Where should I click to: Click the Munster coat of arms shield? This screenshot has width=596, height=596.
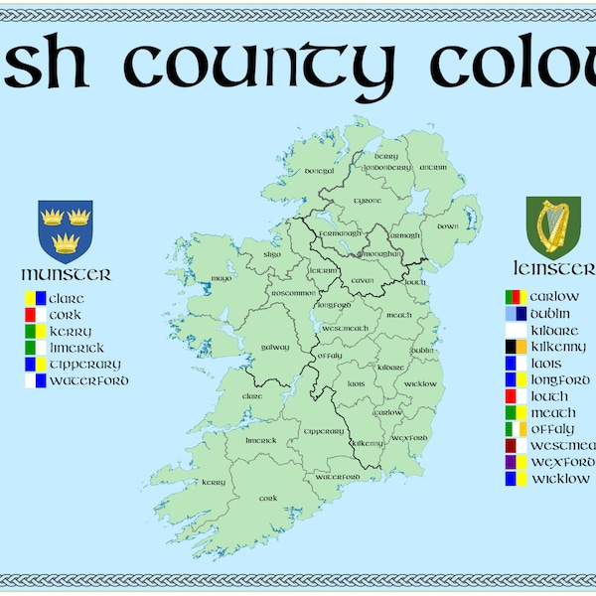65,229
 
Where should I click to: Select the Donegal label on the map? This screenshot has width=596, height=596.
319,171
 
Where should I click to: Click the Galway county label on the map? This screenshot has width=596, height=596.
275,347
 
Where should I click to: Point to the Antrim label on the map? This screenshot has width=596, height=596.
434,168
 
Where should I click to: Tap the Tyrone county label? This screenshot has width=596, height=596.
368,201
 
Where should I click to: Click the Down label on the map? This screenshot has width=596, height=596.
448,226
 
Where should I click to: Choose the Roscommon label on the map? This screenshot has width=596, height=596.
293,293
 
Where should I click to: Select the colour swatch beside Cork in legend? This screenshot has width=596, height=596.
36,315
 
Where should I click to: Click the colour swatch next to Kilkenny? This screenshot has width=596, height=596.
514,347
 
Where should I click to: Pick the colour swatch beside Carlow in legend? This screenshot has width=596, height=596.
514,297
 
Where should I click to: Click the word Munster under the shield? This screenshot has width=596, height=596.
66,274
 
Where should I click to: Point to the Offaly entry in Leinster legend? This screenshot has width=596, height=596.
552,429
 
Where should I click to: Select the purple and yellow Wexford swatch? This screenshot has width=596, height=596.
514,462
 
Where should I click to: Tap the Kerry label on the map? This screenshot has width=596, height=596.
214,483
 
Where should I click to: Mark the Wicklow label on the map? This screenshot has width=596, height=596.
421,383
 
